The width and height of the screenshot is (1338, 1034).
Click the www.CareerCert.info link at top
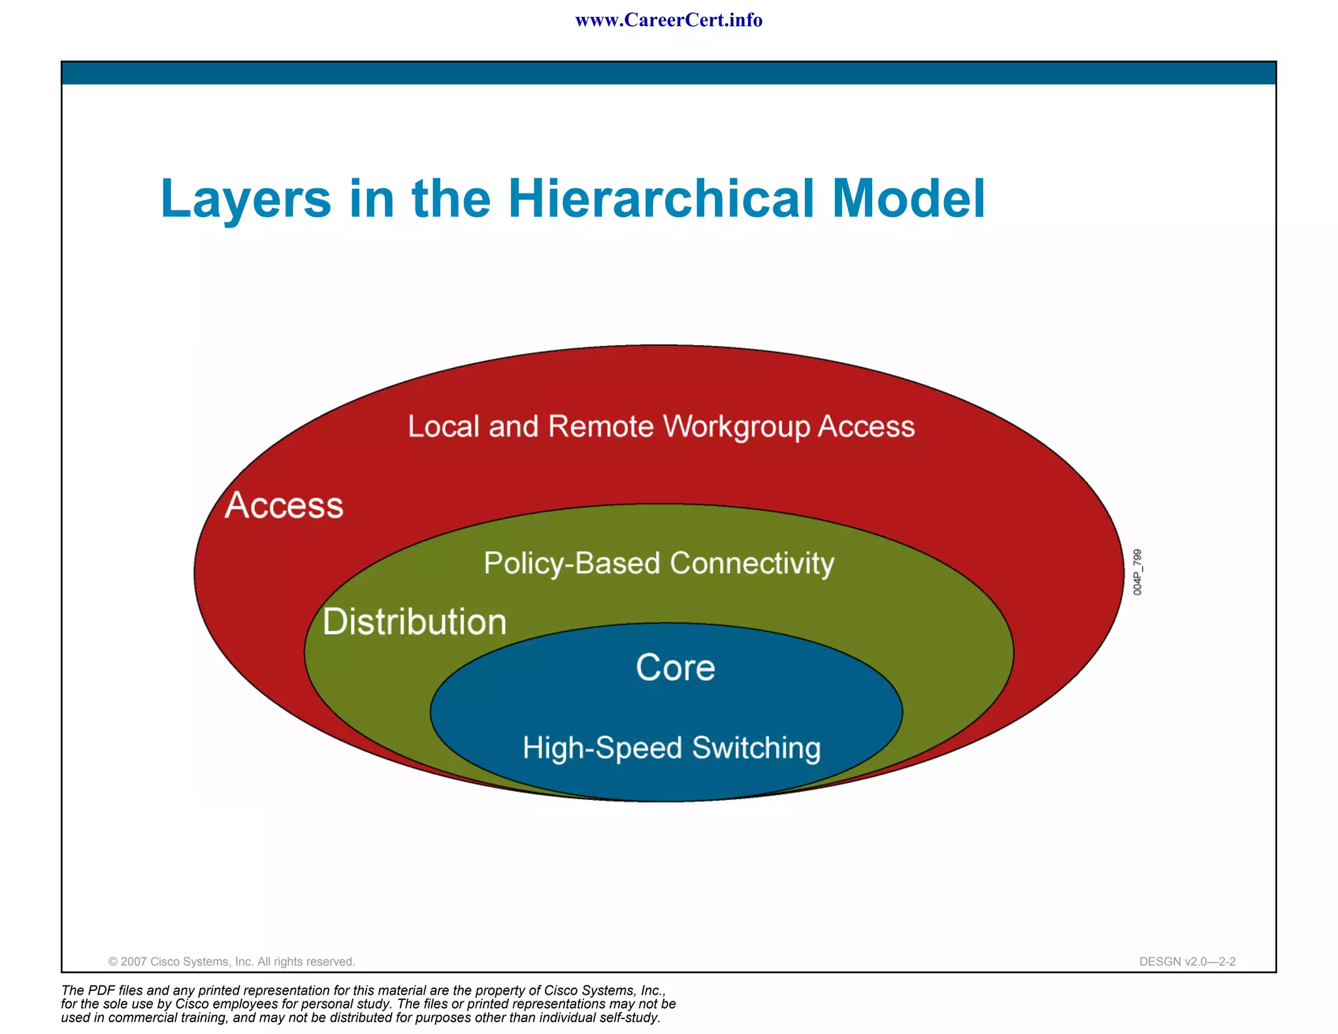(668, 20)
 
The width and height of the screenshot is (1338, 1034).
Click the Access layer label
(284, 505)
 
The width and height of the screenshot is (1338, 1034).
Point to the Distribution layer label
(414, 621)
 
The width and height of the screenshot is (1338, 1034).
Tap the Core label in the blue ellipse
(675, 667)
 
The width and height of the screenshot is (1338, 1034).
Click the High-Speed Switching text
(671, 748)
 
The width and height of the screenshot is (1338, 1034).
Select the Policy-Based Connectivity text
(659, 563)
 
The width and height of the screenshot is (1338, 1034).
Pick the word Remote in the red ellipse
(600, 426)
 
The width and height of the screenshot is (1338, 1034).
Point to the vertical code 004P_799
(1137, 572)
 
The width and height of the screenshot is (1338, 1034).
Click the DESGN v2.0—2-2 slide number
(1187, 961)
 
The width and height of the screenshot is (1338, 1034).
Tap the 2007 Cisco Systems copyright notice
(231, 961)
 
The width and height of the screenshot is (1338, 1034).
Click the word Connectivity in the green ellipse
(752, 563)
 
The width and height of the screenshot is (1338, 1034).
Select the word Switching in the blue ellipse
(756, 748)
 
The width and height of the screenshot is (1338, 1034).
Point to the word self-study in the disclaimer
(628, 1018)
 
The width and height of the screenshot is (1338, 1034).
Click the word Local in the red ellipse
(444, 426)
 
